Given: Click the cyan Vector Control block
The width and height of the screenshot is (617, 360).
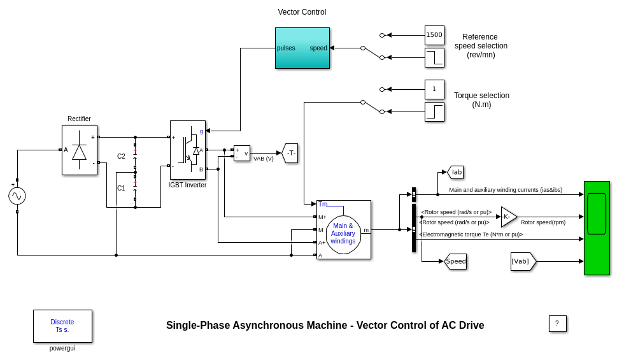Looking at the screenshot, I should tap(302, 48).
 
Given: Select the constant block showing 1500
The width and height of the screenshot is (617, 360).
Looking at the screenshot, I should tap(434, 35).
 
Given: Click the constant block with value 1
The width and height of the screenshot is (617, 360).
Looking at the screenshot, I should tap(434, 89).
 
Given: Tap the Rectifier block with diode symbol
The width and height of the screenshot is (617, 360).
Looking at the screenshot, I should tap(79, 150).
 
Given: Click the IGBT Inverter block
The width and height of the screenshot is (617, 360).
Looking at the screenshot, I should tap(187, 150).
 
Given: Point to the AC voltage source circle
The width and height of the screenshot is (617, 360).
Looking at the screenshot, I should tap(17, 196).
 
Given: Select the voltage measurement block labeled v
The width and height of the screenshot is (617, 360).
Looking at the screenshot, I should tap(241, 153).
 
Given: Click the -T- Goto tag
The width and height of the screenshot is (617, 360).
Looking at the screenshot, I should tap(290, 153).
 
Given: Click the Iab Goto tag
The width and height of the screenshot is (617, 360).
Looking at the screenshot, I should tap(455, 172).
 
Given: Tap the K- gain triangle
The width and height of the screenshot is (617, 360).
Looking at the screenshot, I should tap(508, 217).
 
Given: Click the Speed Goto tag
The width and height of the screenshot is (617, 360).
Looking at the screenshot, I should tap(455, 261).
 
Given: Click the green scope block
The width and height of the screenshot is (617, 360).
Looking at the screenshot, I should tap(597, 227).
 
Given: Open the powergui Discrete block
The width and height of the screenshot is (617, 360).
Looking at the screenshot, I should tap(62, 326).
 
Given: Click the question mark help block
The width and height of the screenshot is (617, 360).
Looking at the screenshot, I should tap(557, 324).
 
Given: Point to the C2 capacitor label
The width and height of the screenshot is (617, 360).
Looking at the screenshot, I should tap(121, 156).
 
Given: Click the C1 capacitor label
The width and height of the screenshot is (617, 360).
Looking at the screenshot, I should tap(121, 188).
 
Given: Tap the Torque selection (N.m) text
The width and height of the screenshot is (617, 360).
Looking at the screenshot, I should tap(481, 100).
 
